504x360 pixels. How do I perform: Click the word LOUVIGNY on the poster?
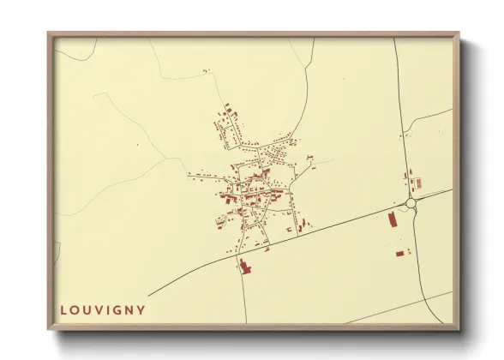tap(103, 310)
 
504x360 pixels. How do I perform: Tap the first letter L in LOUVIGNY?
tap(63, 310)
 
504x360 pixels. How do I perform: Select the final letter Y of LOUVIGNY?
tap(141, 310)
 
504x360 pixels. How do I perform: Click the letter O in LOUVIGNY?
tap(75, 310)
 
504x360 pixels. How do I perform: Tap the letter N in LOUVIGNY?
tap(129, 310)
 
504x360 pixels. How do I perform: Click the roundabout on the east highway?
tap(411, 203)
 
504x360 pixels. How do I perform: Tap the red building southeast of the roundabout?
tap(399, 253)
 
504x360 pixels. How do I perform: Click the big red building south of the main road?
tap(243, 266)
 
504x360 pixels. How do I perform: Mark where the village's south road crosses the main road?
tap(237, 258)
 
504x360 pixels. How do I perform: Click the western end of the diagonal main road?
tap(149, 295)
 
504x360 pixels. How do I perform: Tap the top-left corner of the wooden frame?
tap(50, 34)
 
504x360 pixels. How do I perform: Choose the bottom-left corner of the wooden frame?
tap(50, 328)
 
